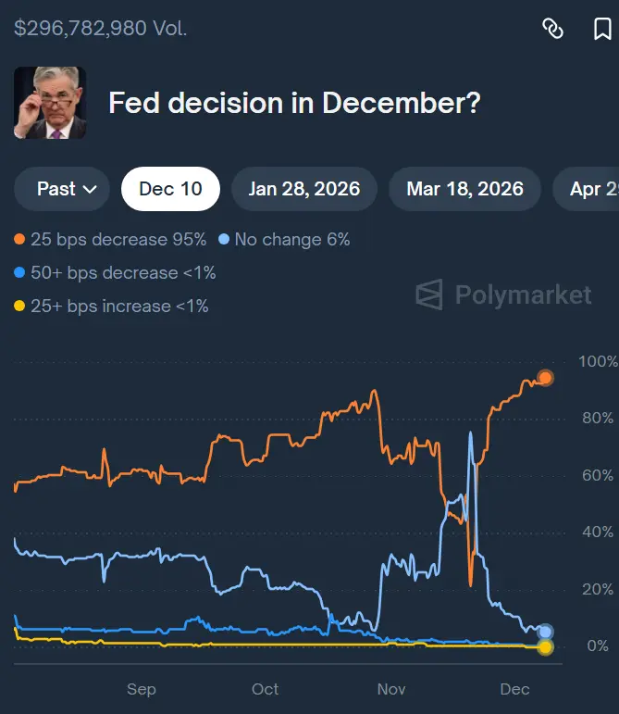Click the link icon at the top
(552, 29)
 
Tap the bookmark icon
(602, 29)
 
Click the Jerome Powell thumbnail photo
(50, 103)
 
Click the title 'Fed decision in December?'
(294, 103)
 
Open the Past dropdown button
(63, 189)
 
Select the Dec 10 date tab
(170, 189)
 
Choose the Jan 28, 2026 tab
(304, 189)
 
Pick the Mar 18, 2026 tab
(465, 189)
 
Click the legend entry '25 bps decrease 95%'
(110, 240)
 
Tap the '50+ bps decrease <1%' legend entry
(115, 273)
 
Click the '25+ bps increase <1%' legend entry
(111, 307)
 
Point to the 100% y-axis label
(596, 361)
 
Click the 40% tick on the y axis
(596, 532)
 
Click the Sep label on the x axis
(142, 689)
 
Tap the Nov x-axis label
(391, 689)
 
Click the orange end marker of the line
(545, 378)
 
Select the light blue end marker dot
(545, 632)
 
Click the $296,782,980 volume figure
(80, 29)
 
